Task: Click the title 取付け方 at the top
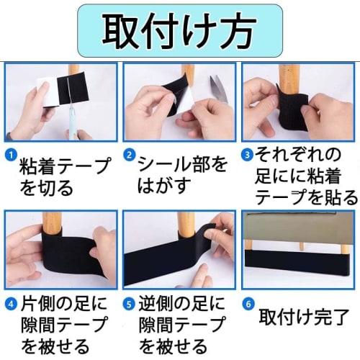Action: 179,30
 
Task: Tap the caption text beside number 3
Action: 306,176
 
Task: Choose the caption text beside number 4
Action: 65,324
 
